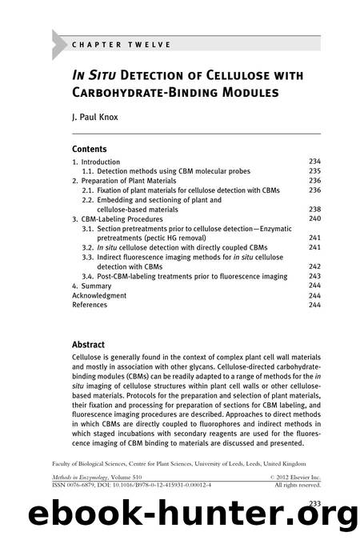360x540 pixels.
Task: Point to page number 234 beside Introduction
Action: pyautogui.click(x=314, y=161)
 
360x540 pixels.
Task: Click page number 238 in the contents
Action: pyautogui.click(x=314, y=209)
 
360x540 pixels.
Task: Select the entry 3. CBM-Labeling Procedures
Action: pyautogui.click(x=117, y=218)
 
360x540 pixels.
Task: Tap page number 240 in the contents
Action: pyautogui.click(x=314, y=218)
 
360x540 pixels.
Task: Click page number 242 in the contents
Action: pyautogui.click(x=314, y=266)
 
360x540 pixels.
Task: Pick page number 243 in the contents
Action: pyautogui.click(x=314, y=276)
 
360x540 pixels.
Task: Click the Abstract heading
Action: pyautogui.click(x=90, y=346)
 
